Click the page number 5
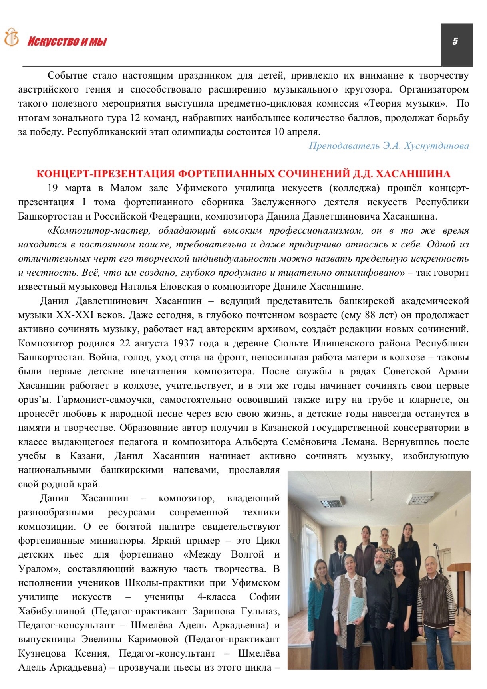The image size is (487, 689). (x=455, y=41)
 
